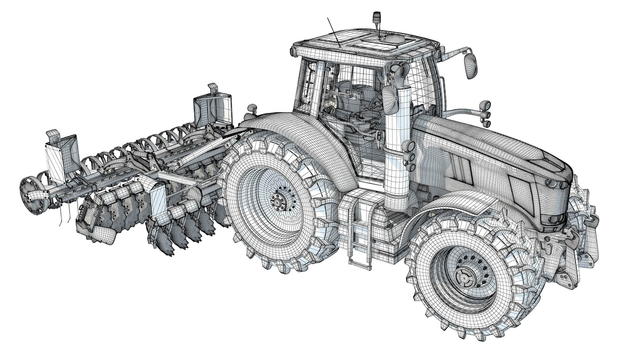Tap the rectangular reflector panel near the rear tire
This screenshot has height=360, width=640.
[x=158, y=202]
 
